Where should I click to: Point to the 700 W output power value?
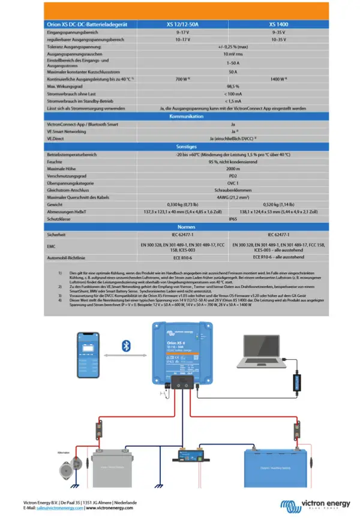182,79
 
